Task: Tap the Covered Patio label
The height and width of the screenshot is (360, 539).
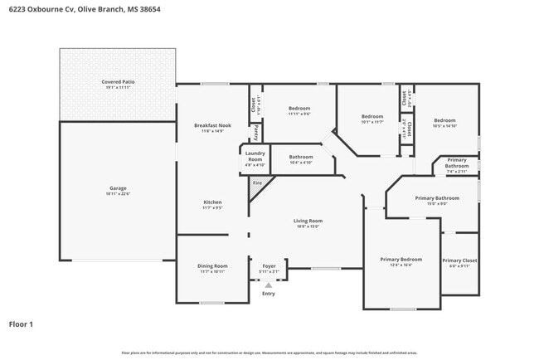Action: (118, 82)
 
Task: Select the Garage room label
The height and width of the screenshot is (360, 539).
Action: (118, 188)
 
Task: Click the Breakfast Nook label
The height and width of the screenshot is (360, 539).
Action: (212, 125)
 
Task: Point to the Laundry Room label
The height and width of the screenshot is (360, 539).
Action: (255, 156)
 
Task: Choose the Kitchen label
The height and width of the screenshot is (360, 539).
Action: (212, 202)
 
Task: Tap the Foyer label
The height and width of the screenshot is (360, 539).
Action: (269, 265)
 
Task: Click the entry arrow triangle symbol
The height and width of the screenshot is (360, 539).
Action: (268, 285)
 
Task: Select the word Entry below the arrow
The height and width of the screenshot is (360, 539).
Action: (268, 294)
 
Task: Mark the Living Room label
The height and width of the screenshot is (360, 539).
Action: (307, 220)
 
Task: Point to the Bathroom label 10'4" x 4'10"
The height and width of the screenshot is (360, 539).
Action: (301, 157)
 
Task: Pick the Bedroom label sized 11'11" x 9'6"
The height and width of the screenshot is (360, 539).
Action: (299, 109)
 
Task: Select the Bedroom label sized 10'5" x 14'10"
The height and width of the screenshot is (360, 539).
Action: (444, 120)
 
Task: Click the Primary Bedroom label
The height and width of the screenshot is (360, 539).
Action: (396, 260)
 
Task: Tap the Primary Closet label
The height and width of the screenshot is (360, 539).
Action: (459, 260)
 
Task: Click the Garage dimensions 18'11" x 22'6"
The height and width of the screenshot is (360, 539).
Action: (118, 194)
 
